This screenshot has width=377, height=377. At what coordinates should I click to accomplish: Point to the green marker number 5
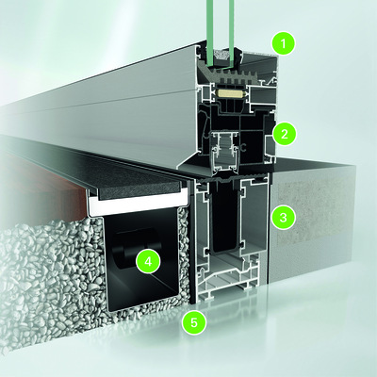195,322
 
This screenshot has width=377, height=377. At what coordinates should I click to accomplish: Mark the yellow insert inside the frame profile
229,93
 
